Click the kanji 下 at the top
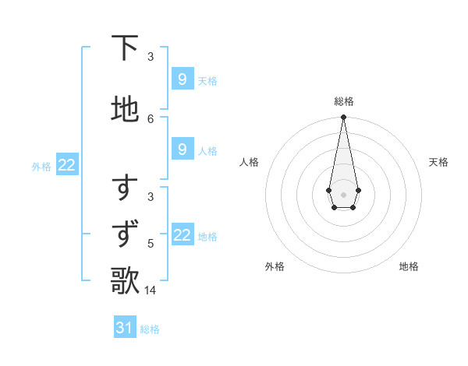coord(126,48)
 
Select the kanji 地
coord(126,109)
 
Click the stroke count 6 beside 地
coord(151,118)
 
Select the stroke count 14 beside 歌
coord(151,290)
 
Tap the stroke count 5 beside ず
coord(151,244)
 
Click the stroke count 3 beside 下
coord(151,57)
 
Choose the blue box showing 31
coord(125,328)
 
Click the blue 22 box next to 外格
coord(67,165)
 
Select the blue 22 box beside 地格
coord(183,235)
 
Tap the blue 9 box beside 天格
coord(183,79)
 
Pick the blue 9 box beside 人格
coord(183,150)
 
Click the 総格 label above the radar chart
coord(344,101)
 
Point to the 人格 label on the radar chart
coord(250,162)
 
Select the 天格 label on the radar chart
coord(438,162)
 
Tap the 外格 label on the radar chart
coord(275,266)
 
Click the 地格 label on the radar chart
coord(409,266)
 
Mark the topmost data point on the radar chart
coord(343,118)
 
